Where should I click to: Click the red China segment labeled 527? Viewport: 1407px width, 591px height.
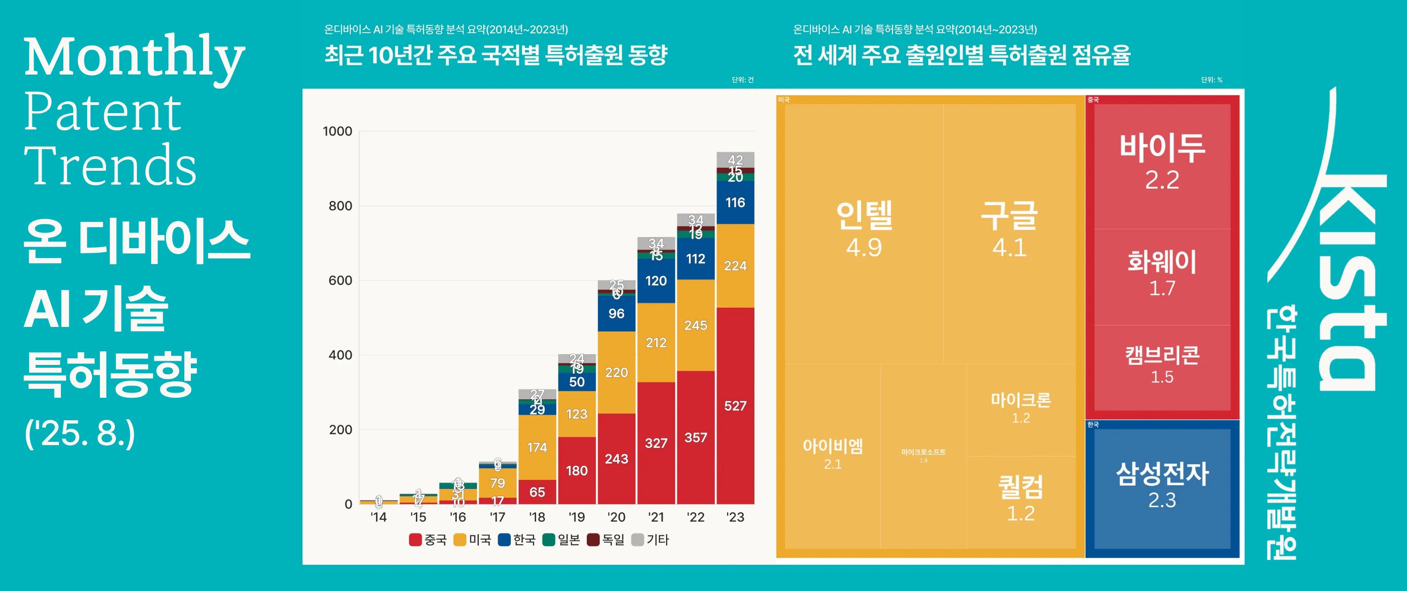click(735, 405)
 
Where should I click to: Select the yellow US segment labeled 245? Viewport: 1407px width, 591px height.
click(696, 325)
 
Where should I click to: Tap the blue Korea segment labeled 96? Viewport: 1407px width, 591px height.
click(616, 313)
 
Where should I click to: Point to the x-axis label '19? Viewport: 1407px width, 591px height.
click(576, 517)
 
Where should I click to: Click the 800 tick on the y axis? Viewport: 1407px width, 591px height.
click(340, 206)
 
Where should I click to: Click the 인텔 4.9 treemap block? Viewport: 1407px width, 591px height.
click(863, 229)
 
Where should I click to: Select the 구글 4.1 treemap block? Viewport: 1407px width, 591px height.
click(1009, 229)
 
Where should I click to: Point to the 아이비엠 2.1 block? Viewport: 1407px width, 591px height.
click(832, 454)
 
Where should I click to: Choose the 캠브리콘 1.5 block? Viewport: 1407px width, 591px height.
click(1162, 365)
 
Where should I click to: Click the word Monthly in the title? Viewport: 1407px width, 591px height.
click(134, 57)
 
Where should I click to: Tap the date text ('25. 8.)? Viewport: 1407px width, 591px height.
click(80, 434)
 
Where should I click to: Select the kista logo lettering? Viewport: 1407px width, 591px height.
click(1349, 284)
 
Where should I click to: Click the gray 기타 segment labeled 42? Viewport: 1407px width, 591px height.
click(735, 159)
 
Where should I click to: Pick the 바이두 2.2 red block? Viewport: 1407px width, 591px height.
click(1162, 161)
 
